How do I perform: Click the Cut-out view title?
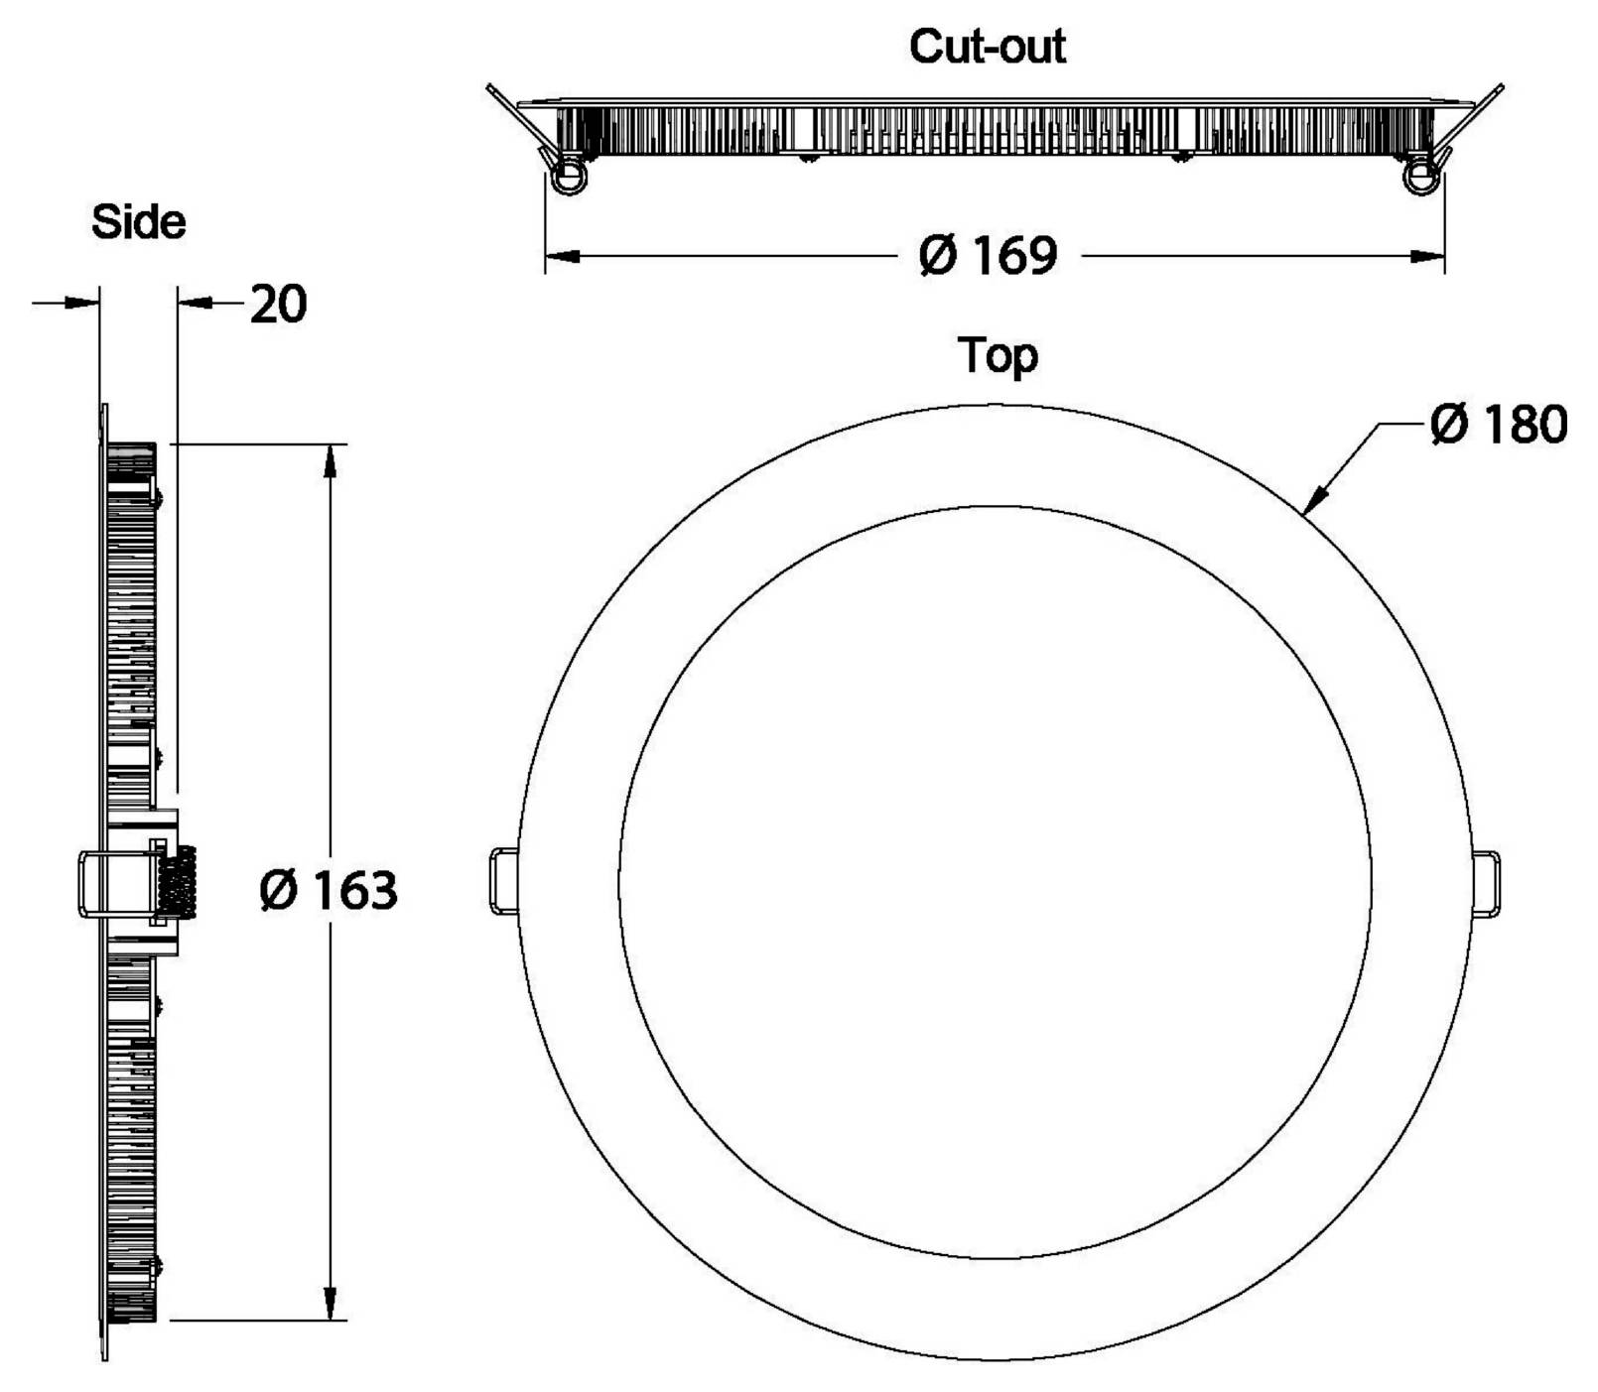pos(988,47)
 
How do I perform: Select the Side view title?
pos(138,221)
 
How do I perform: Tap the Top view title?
pos(998,356)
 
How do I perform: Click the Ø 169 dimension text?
pos(989,255)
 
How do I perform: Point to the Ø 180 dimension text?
pos(1499,424)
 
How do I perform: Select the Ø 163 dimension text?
pos(329,890)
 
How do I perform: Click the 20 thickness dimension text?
pos(278,304)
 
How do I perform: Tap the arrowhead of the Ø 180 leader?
pos(1317,498)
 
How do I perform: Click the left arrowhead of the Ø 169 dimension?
pos(563,257)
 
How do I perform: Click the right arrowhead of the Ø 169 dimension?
pos(1427,257)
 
